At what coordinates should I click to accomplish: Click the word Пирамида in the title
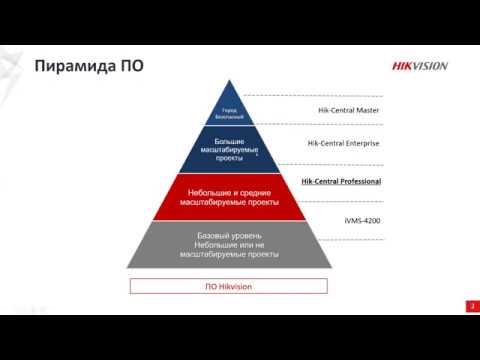(77, 67)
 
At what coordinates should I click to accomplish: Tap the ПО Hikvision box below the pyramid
(229, 285)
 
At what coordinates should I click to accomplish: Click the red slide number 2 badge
(470, 305)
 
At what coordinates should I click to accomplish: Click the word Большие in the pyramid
(229, 141)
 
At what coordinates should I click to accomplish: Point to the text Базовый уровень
(229, 234)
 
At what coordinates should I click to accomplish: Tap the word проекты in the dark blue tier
(229, 159)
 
